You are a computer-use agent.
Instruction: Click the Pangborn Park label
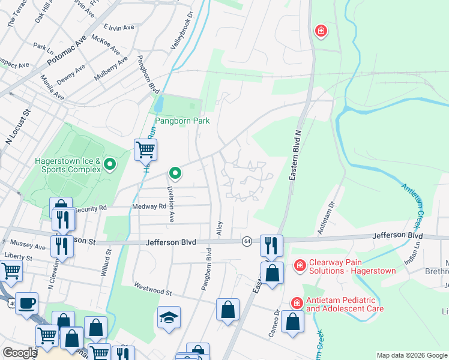(182, 121)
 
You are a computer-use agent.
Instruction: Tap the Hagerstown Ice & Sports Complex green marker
(110, 164)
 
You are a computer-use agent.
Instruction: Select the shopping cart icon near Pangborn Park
(145, 149)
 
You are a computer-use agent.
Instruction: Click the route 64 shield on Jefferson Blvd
(247, 241)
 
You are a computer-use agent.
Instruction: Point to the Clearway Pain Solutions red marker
(299, 265)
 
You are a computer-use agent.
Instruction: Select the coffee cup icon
(26, 303)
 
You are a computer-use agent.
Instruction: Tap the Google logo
(19, 353)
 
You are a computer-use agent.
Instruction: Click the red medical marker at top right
(321, 31)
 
